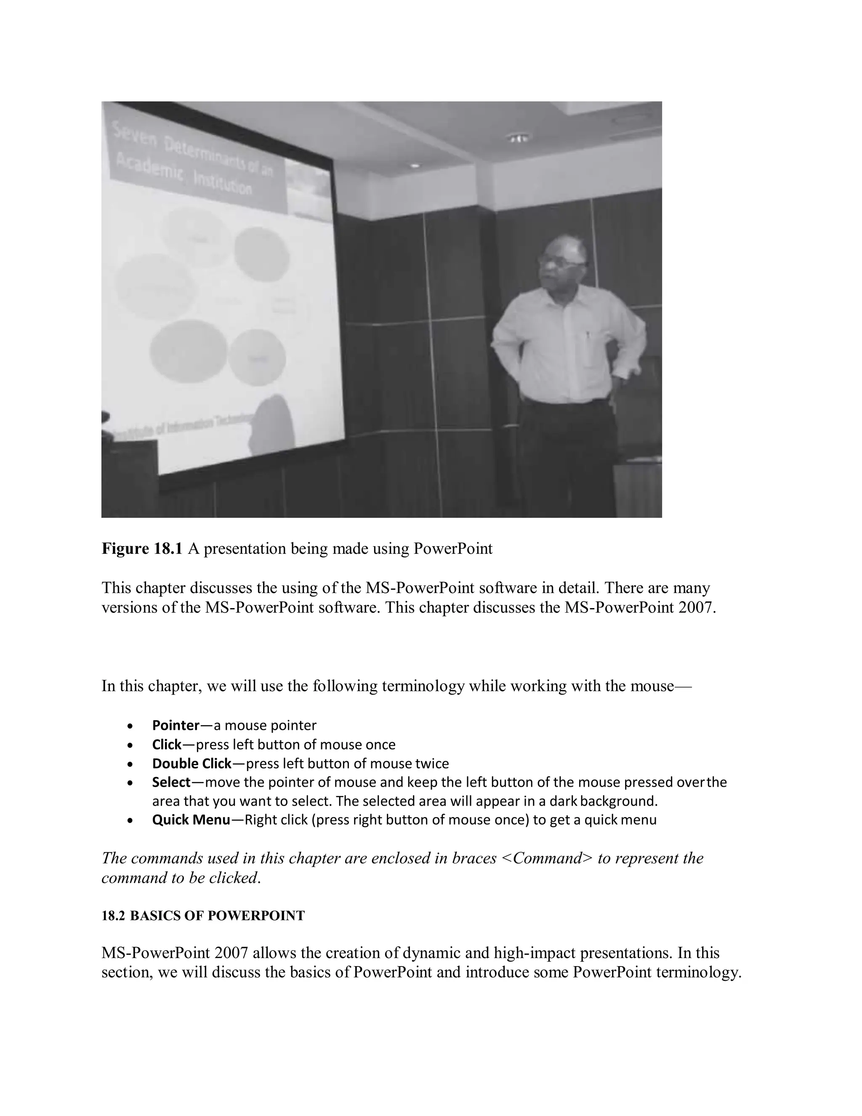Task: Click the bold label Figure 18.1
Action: (x=141, y=549)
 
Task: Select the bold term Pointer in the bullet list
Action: (x=176, y=726)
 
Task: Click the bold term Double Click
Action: (x=192, y=764)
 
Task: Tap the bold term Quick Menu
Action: (x=191, y=820)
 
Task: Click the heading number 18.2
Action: (x=113, y=916)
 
